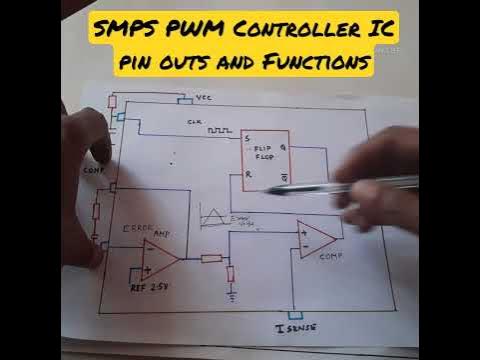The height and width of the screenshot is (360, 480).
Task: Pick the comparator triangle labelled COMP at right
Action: [316, 238]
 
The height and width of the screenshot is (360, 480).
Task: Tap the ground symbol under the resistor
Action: [231, 296]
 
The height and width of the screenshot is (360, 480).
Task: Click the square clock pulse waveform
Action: [219, 130]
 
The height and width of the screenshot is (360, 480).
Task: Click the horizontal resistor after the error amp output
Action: [211, 258]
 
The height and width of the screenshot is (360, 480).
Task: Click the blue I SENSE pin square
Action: [294, 312]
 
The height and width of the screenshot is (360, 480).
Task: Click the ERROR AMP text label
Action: [139, 230]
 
